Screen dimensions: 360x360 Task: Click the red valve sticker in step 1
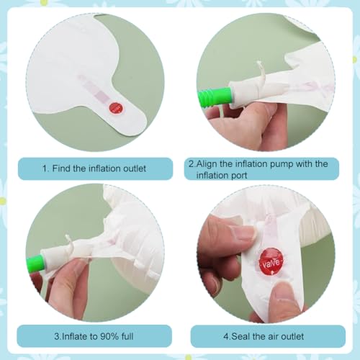tap(116, 108)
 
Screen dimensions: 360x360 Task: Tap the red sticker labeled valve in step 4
tap(271, 261)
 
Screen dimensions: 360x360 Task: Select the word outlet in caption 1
tap(135, 168)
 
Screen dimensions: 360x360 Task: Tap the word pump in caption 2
tap(282, 165)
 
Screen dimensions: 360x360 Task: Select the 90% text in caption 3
tap(109, 336)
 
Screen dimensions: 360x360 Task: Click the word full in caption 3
tap(127, 336)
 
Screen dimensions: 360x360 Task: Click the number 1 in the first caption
tap(45, 168)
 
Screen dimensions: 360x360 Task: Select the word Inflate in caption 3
tap(76, 336)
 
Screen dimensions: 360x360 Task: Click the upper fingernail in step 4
tap(243, 234)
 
